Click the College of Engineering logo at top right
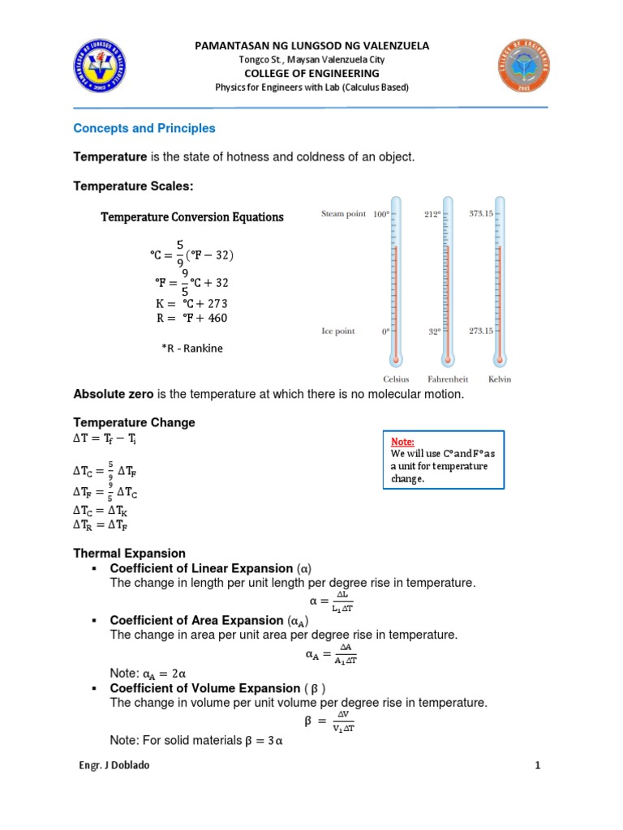point(521,67)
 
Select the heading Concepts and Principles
point(144,128)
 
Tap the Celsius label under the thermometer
point(396,379)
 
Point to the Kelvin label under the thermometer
point(500,379)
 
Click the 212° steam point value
point(432,214)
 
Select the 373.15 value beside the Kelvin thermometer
point(480,213)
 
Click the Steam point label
point(344,214)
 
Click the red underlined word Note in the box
point(402,442)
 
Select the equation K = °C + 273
point(191,303)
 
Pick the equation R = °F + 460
point(191,319)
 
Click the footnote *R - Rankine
point(191,349)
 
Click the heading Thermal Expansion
point(129,553)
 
